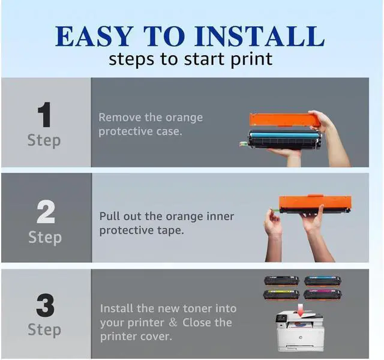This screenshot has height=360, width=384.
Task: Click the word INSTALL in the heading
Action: click(x=260, y=36)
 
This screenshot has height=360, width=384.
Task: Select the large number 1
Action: click(x=44, y=115)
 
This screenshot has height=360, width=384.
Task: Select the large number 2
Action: click(x=46, y=212)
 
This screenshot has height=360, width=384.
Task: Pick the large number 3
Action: click(x=46, y=305)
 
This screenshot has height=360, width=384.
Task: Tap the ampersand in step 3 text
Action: click(x=173, y=322)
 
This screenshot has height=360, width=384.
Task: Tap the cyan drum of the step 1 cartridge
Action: click(x=284, y=135)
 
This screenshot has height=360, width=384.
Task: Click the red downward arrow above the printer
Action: click(x=301, y=310)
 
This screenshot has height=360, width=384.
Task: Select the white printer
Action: click(x=300, y=331)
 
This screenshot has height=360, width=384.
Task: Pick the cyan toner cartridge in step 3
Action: click(x=323, y=281)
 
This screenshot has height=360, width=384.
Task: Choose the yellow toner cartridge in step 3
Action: click(x=281, y=295)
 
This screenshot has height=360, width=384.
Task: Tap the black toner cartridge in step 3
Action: click(x=281, y=281)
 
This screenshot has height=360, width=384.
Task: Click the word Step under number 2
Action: click(x=45, y=238)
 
